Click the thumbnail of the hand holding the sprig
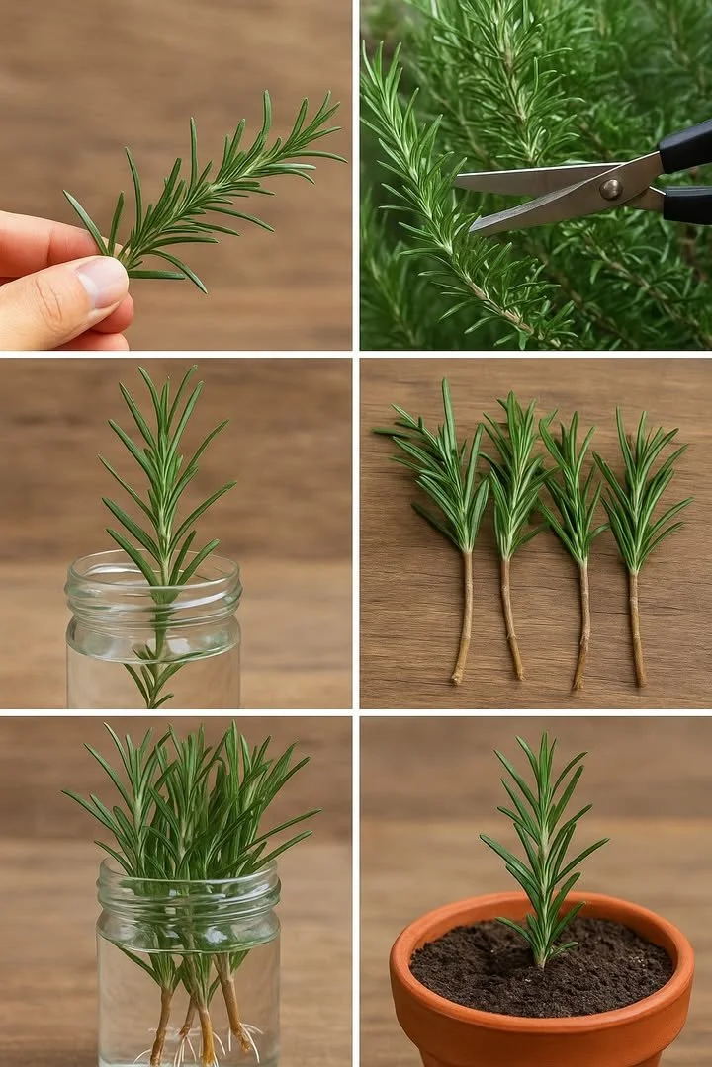click(103, 282)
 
